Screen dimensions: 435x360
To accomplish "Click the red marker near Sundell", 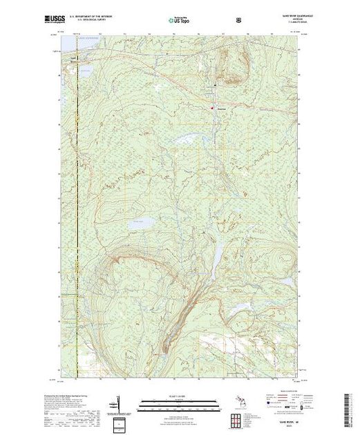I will [x=212, y=106].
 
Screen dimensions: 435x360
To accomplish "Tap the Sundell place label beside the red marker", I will [x=221, y=107].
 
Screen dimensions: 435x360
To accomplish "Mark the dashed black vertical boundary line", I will [x=77, y=207].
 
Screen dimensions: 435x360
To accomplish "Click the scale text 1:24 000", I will [x=180, y=396].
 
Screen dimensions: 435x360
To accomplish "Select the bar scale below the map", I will [x=180, y=403].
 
